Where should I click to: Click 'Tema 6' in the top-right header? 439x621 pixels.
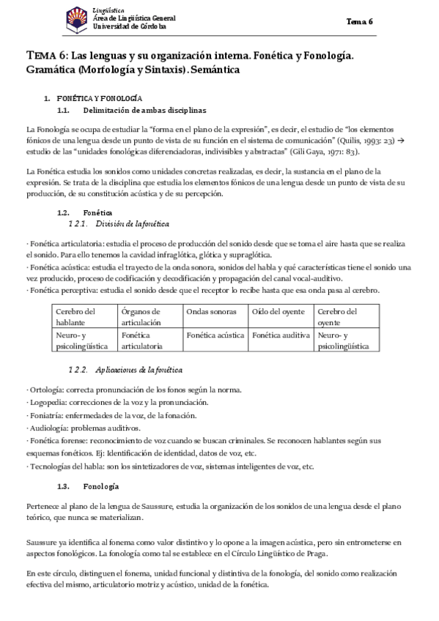point(360,21)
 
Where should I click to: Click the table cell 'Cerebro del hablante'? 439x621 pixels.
point(75,316)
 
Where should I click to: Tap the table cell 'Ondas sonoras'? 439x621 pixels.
point(209,311)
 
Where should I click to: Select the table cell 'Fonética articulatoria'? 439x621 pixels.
point(143,340)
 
